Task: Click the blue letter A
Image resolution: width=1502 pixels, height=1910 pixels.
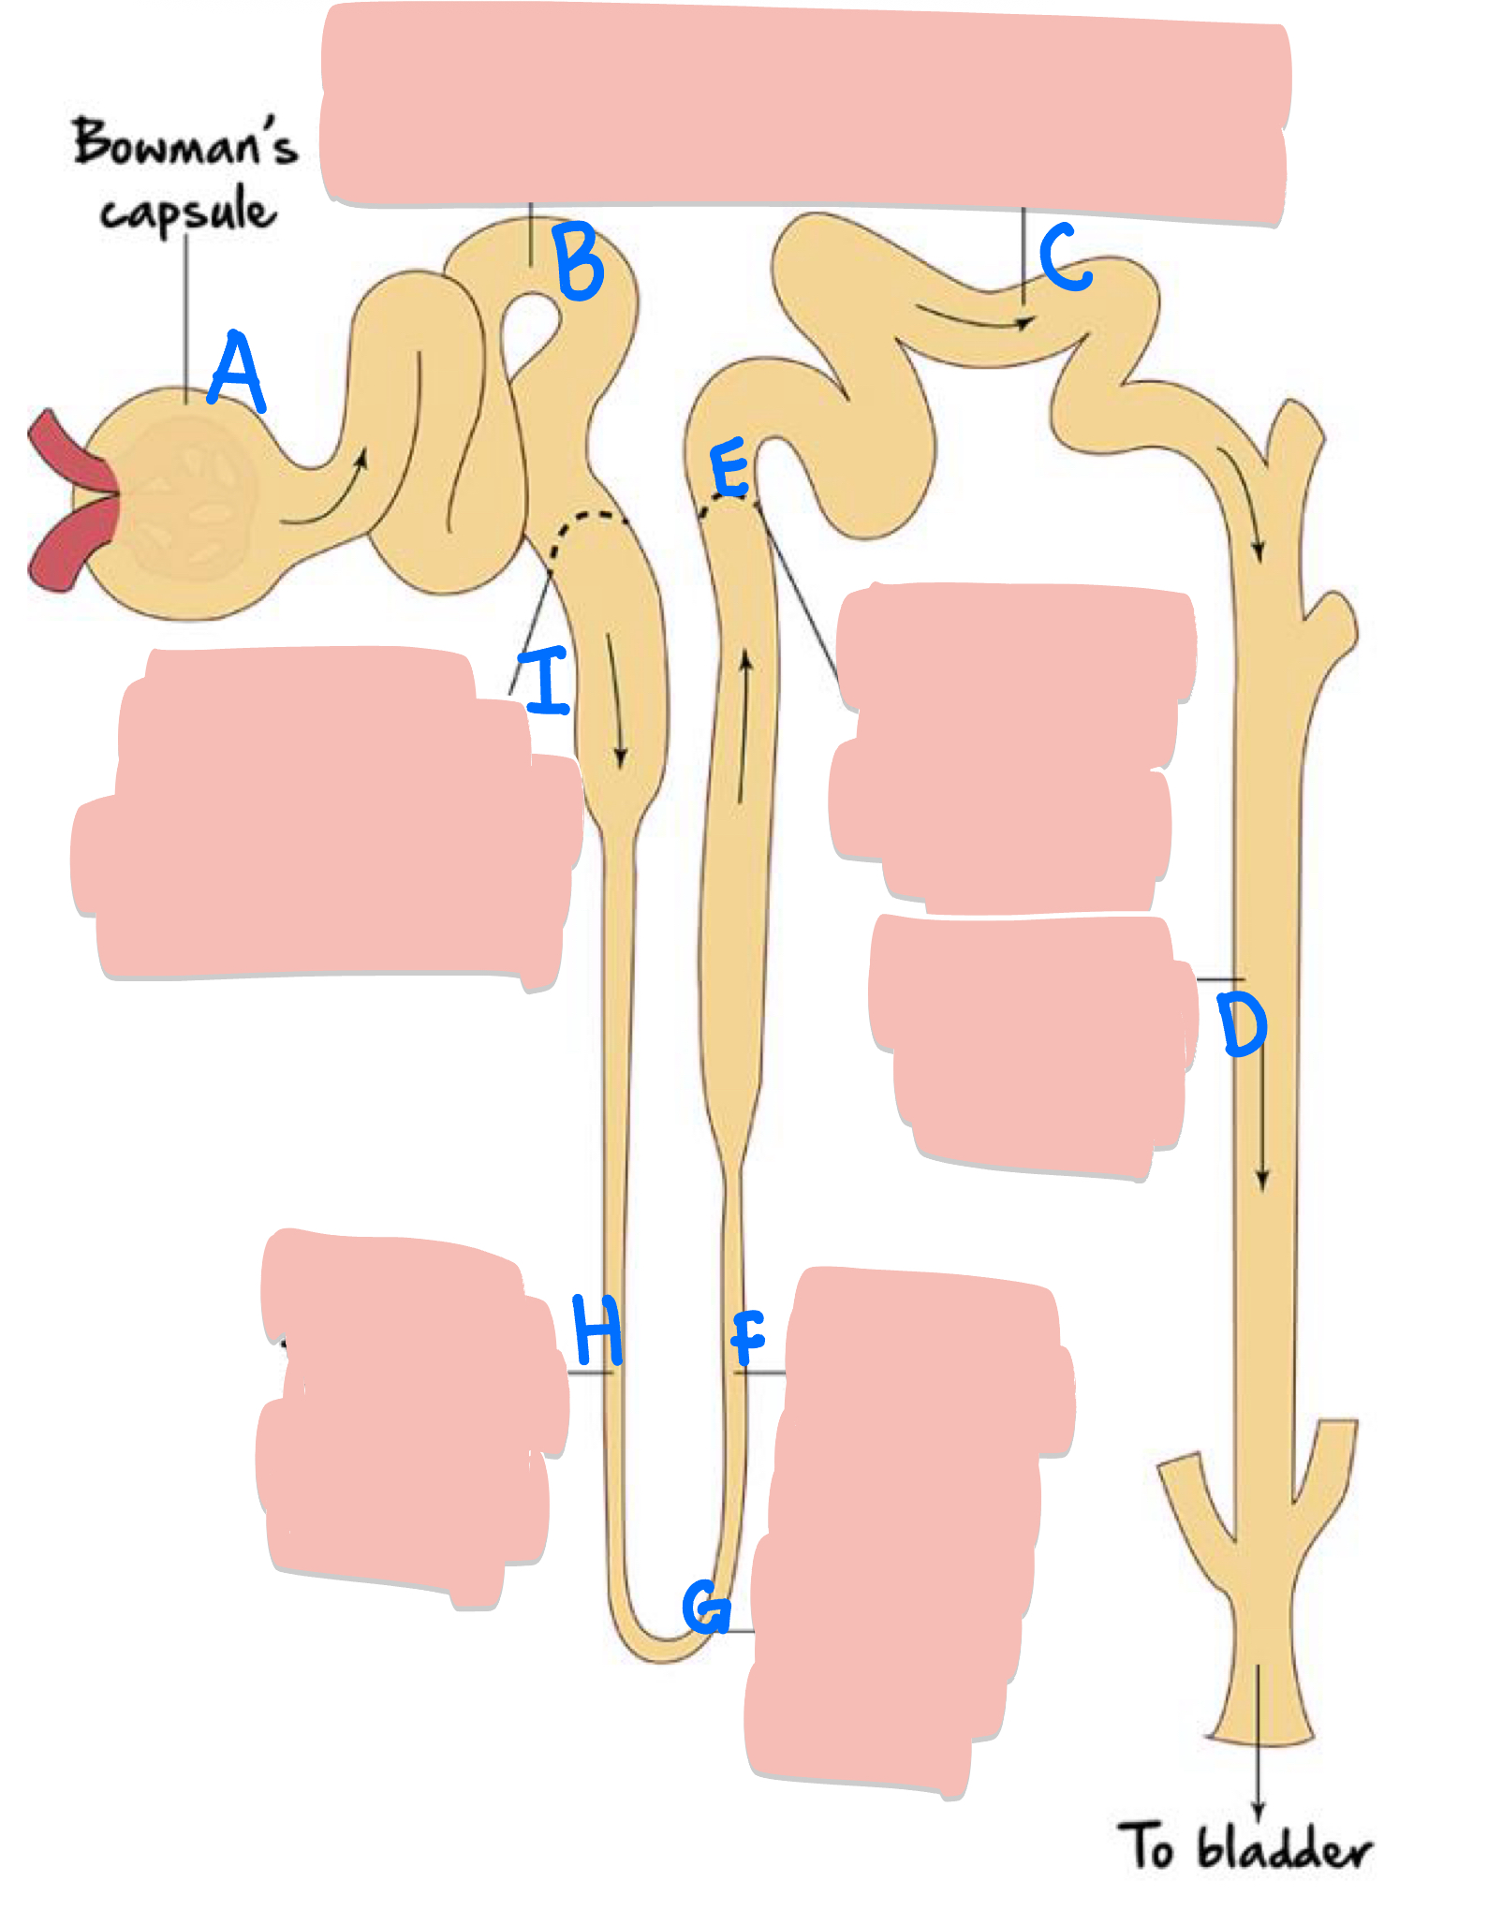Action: click(x=237, y=373)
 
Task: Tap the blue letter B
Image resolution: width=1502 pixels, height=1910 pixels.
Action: click(x=579, y=261)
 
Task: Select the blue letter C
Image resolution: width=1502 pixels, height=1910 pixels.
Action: click(x=1065, y=257)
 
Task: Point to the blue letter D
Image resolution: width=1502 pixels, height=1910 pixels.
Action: click(x=1242, y=1024)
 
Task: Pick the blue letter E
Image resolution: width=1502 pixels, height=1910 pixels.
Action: click(x=729, y=468)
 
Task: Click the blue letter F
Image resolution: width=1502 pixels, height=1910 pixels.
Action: click(x=748, y=1338)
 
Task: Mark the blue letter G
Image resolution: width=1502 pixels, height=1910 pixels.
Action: click(x=706, y=1607)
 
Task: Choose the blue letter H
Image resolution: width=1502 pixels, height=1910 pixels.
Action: click(x=596, y=1330)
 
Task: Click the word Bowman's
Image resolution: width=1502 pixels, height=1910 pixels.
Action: click(x=184, y=143)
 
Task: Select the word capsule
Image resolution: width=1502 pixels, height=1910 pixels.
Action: click(x=188, y=211)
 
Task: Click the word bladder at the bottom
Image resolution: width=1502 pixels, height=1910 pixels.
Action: click(x=1284, y=1850)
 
